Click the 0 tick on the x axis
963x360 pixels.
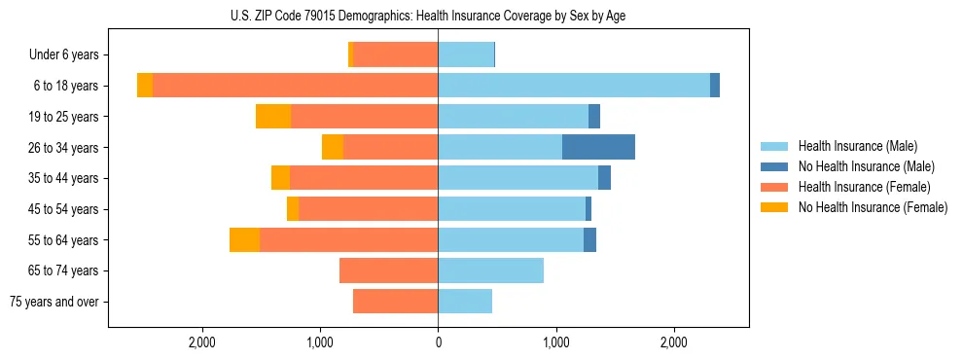point(438,343)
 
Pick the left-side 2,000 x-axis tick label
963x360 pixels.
point(202,343)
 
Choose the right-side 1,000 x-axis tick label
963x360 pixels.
point(556,343)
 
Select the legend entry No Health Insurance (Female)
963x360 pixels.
point(873,207)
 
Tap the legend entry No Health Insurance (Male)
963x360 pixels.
point(866,166)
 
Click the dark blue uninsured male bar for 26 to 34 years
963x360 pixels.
point(598,147)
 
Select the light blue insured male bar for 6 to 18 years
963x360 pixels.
point(574,86)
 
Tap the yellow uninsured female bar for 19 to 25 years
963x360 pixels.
point(273,117)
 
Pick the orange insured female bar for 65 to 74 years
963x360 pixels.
point(388,270)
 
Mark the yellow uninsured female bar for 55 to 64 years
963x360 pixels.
point(244,239)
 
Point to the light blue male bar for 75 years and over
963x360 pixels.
point(465,302)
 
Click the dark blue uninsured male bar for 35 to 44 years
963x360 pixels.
point(604,178)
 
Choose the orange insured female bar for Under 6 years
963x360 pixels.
point(396,55)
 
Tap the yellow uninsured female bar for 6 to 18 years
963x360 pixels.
point(145,86)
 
